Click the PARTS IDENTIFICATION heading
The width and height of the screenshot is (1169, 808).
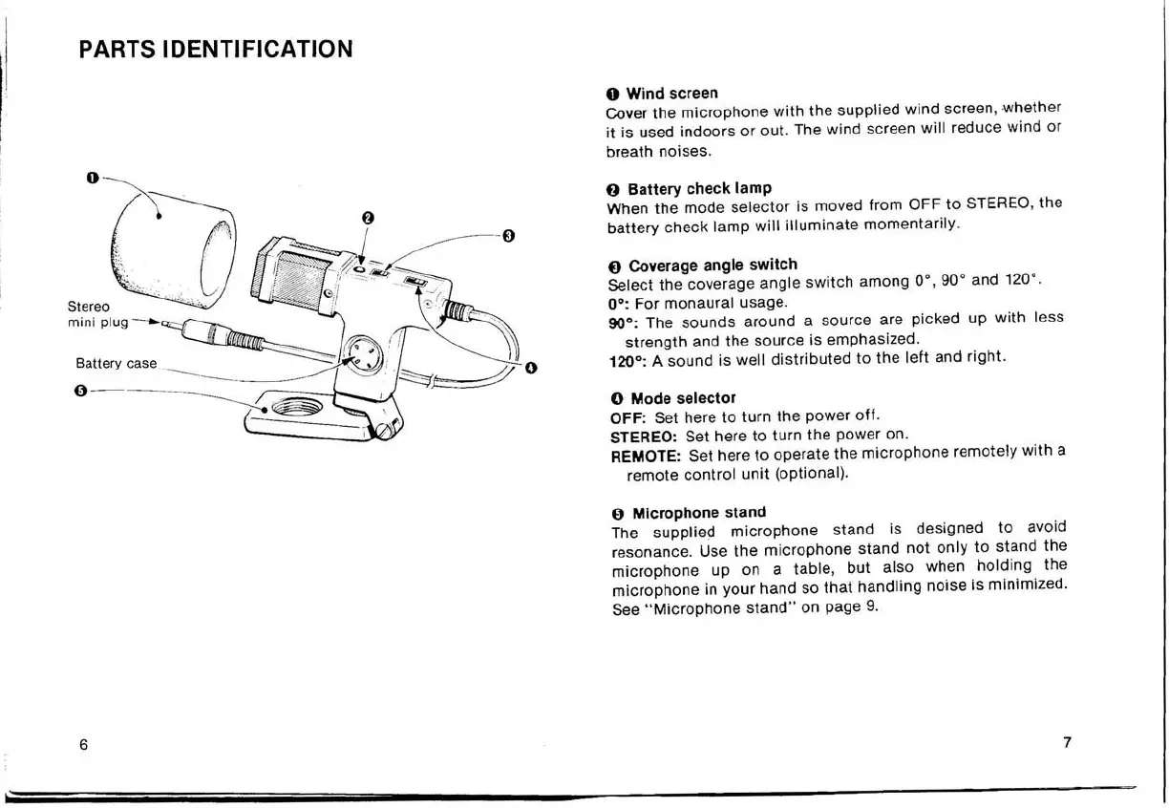(216, 49)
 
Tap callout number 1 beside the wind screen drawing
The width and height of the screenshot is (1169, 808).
(91, 178)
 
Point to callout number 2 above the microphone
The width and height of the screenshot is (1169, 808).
(367, 219)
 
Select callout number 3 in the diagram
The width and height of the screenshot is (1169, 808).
(508, 235)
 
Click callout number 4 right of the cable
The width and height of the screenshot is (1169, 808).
(531, 368)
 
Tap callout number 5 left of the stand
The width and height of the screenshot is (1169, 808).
(81, 391)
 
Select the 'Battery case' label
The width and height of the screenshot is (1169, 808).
(116, 364)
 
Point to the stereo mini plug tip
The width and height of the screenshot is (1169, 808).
(169, 325)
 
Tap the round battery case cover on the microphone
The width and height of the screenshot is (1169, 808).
(363, 358)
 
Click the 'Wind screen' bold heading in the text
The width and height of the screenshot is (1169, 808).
(670, 94)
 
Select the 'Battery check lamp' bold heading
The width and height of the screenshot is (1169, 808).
(698, 188)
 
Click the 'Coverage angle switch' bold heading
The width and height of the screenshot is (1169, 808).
(712, 265)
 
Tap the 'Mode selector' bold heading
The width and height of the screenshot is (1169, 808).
(682, 397)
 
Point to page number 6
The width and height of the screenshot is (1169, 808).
(84, 745)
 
